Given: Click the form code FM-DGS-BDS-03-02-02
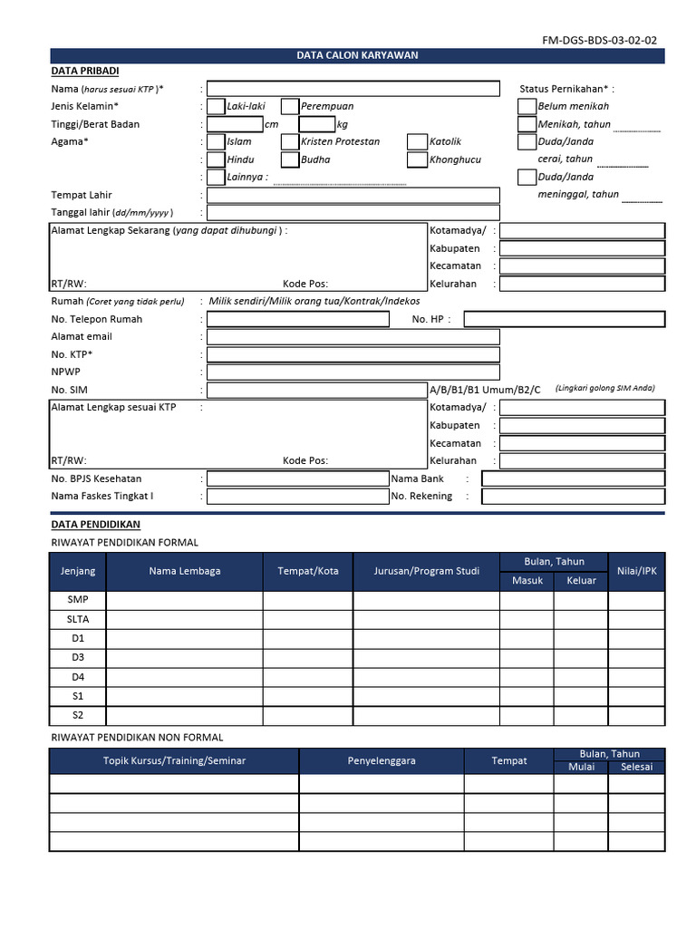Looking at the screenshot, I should click(x=599, y=40).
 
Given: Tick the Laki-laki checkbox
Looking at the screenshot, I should click(x=217, y=107).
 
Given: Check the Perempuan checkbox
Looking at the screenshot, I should click(x=290, y=107).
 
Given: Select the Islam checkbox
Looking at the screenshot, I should click(x=217, y=142).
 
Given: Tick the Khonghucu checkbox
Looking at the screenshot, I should click(x=416, y=160).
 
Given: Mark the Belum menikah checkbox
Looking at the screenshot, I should click(x=527, y=107).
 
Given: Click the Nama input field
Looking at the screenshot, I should click(x=353, y=89).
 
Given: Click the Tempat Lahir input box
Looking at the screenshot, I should click(x=353, y=196).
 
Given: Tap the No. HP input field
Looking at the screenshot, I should click(x=564, y=319).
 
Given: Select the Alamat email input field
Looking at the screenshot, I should click(x=353, y=337).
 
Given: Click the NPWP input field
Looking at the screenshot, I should click(x=353, y=372).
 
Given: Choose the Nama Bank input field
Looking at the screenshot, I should click(x=573, y=478).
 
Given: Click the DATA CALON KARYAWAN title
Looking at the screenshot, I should click(x=357, y=56).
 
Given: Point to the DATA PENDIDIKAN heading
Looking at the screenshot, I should click(x=96, y=525).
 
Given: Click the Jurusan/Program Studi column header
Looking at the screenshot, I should click(x=426, y=571).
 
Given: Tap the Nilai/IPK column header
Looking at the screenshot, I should click(x=635, y=571).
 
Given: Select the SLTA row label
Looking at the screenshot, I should click(x=78, y=619).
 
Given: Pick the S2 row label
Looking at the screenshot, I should click(x=78, y=716).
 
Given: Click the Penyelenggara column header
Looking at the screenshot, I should click(x=382, y=761).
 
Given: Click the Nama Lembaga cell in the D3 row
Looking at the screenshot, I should click(x=185, y=658).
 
